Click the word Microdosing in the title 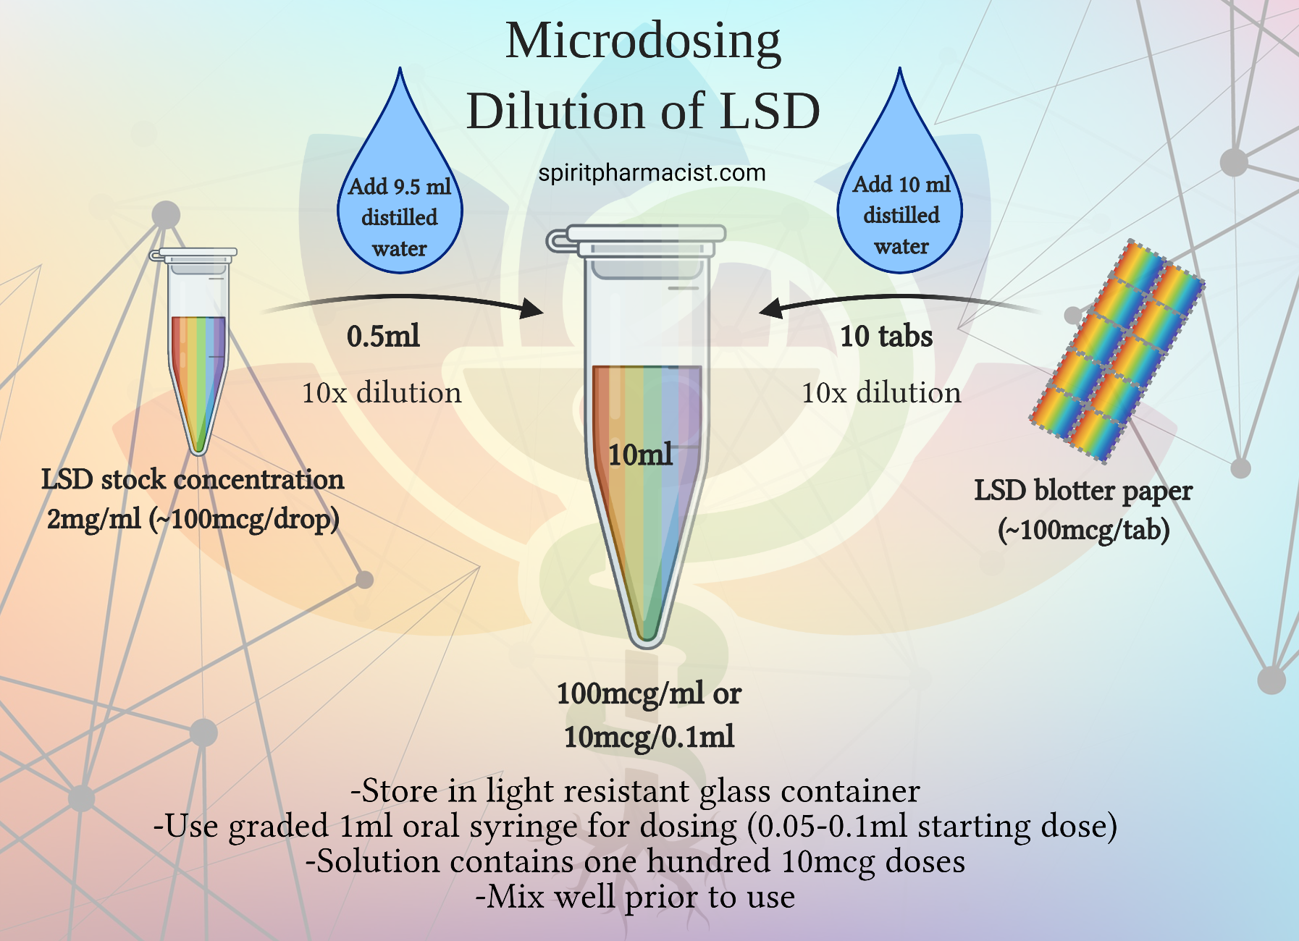[643, 41]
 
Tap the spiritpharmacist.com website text [652, 173]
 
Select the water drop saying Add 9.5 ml [400, 210]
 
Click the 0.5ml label [383, 337]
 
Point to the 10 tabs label [886, 337]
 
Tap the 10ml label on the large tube [640, 455]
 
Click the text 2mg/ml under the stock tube [94, 519]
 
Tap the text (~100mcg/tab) [1083, 530]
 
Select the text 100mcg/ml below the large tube [630, 693]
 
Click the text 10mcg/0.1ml [649, 737]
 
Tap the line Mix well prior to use [635, 897]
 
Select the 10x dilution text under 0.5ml [382, 393]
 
